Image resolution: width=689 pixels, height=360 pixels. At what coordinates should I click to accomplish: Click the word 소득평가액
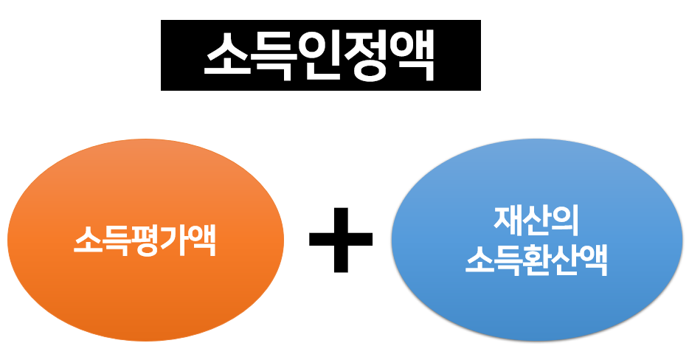click(x=145, y=242)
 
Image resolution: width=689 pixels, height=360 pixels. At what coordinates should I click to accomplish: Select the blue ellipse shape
click(x=536, y=310)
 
